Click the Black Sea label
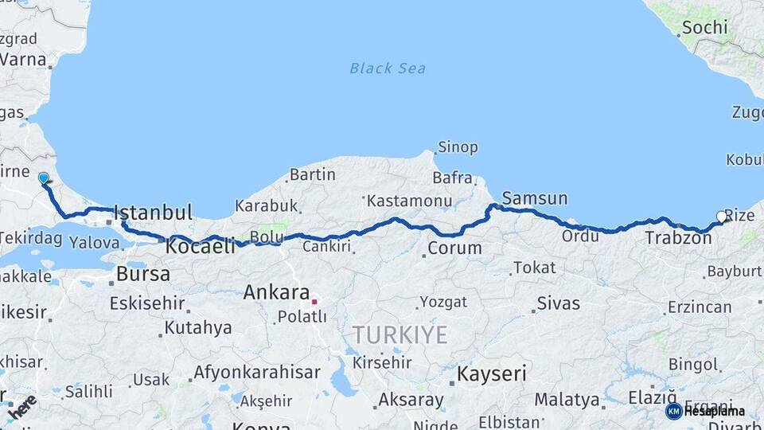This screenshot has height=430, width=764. coord(388,68)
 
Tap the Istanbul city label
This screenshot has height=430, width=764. coord(153,213)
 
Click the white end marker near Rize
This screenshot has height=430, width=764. coord(722,216)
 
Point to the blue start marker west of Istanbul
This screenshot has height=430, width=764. coord(43,178)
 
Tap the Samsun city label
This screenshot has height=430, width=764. coord(535,198)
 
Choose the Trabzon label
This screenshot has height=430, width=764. coord(678,237)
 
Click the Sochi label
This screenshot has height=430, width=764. coord(704,28)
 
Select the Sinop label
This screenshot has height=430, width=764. coord(458,147)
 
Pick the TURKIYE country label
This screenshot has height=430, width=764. coord(400,335)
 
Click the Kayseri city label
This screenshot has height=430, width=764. coord(492,372)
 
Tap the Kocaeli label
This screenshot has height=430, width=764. coord(201,247)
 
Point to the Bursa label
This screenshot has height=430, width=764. coord(143,274)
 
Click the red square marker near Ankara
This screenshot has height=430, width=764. coord(314,302)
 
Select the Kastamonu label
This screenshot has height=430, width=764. coord(411,201)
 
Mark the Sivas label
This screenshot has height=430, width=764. coord(559,303)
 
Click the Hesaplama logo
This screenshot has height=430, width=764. coord(705,411)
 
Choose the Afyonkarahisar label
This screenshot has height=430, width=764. coord(256,372)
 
